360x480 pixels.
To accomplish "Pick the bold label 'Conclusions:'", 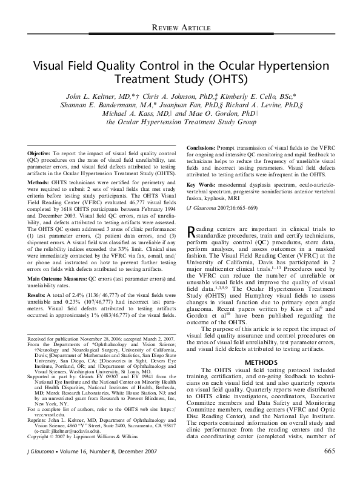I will tap(205, 148).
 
